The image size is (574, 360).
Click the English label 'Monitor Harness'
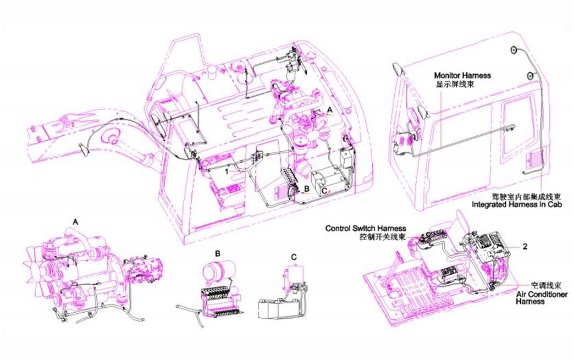click(462, 75)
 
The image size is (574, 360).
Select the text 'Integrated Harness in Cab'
click(516, 204)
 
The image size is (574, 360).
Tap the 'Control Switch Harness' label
click(366, 229)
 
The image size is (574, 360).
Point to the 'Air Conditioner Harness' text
click(542, 298)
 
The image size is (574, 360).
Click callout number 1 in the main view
click(227, 171)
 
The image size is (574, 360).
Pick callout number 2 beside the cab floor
click(525, 247)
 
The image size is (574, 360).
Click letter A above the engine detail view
click(75, 221)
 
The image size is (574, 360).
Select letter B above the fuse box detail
click(217, 253)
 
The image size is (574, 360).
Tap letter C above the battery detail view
click(294, 257)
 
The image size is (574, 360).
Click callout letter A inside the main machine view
click(329, 110)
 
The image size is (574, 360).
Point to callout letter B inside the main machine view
click(307, 189)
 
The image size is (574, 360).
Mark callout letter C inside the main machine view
click(324, 191)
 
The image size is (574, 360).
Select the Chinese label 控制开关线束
click(383, 237)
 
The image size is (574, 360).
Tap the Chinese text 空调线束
click(546, 285)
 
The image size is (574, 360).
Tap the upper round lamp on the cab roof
click(514, 51)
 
